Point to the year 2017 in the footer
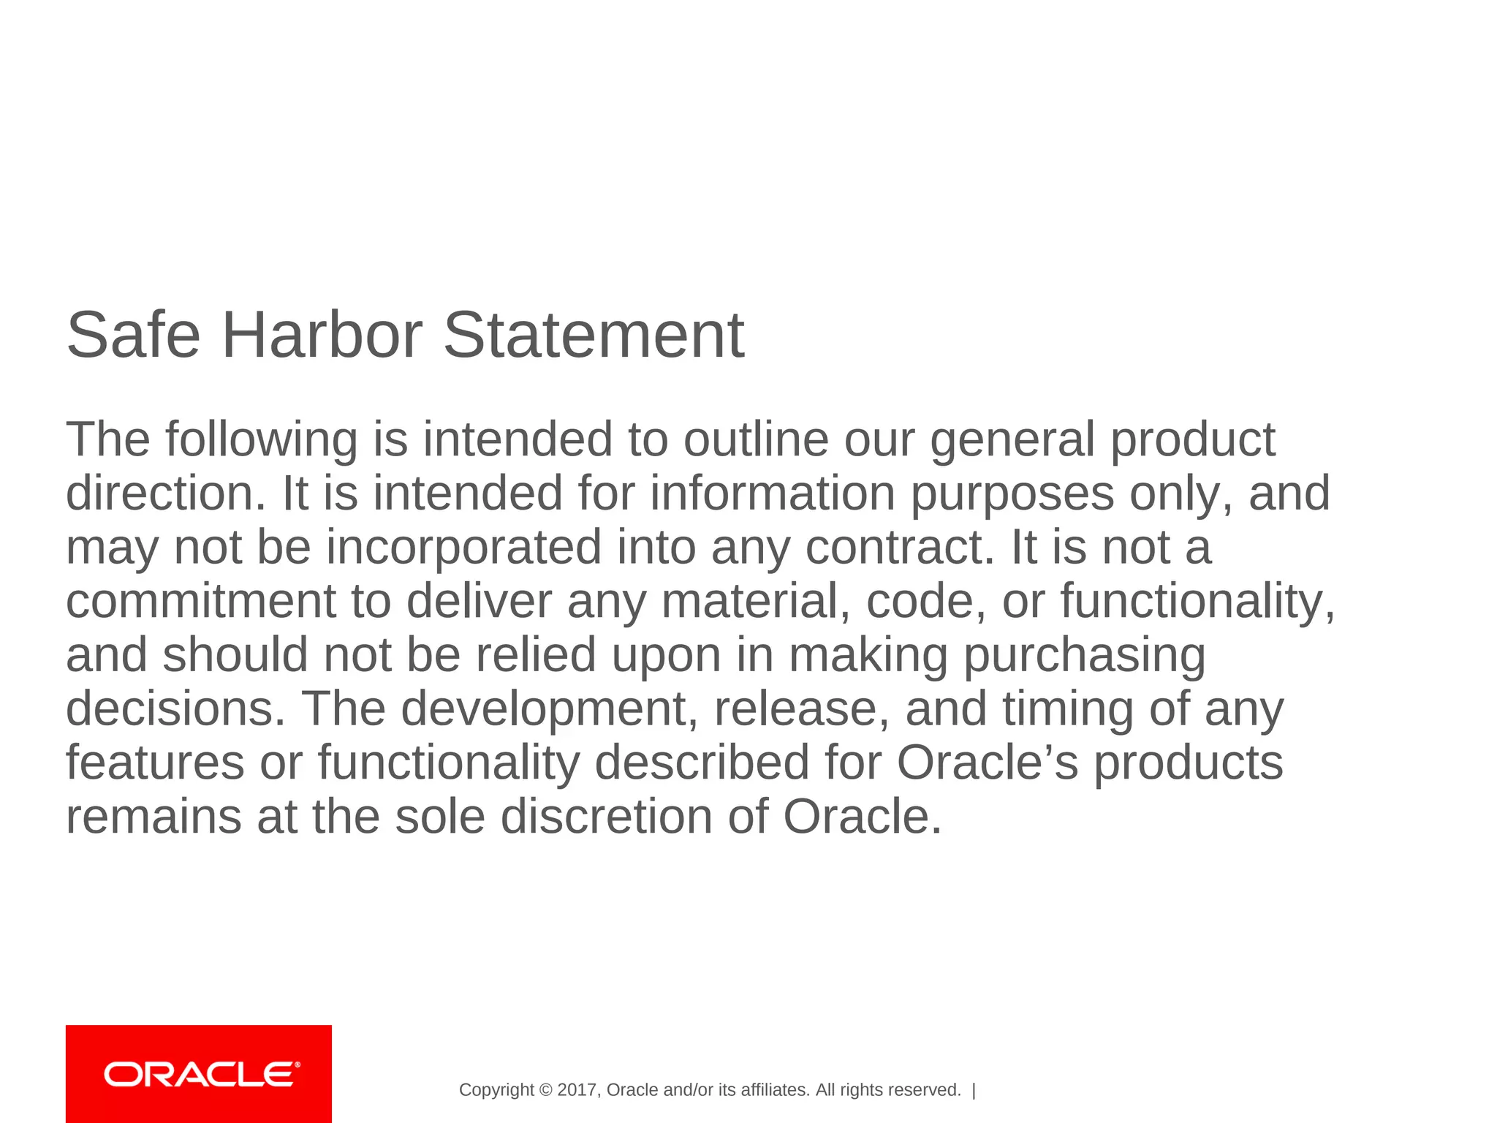point(577,1090)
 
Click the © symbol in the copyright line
point(545,1090)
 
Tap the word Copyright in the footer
point(496,1090)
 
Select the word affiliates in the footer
point(775,1090)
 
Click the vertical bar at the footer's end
point(974,1090)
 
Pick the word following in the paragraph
point(261,440)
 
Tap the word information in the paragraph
point(772,494)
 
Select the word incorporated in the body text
point(463,548)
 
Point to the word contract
point(899,548)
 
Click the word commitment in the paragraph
point(201,601)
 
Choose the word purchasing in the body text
point(1084,655)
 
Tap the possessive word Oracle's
point(987,763)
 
